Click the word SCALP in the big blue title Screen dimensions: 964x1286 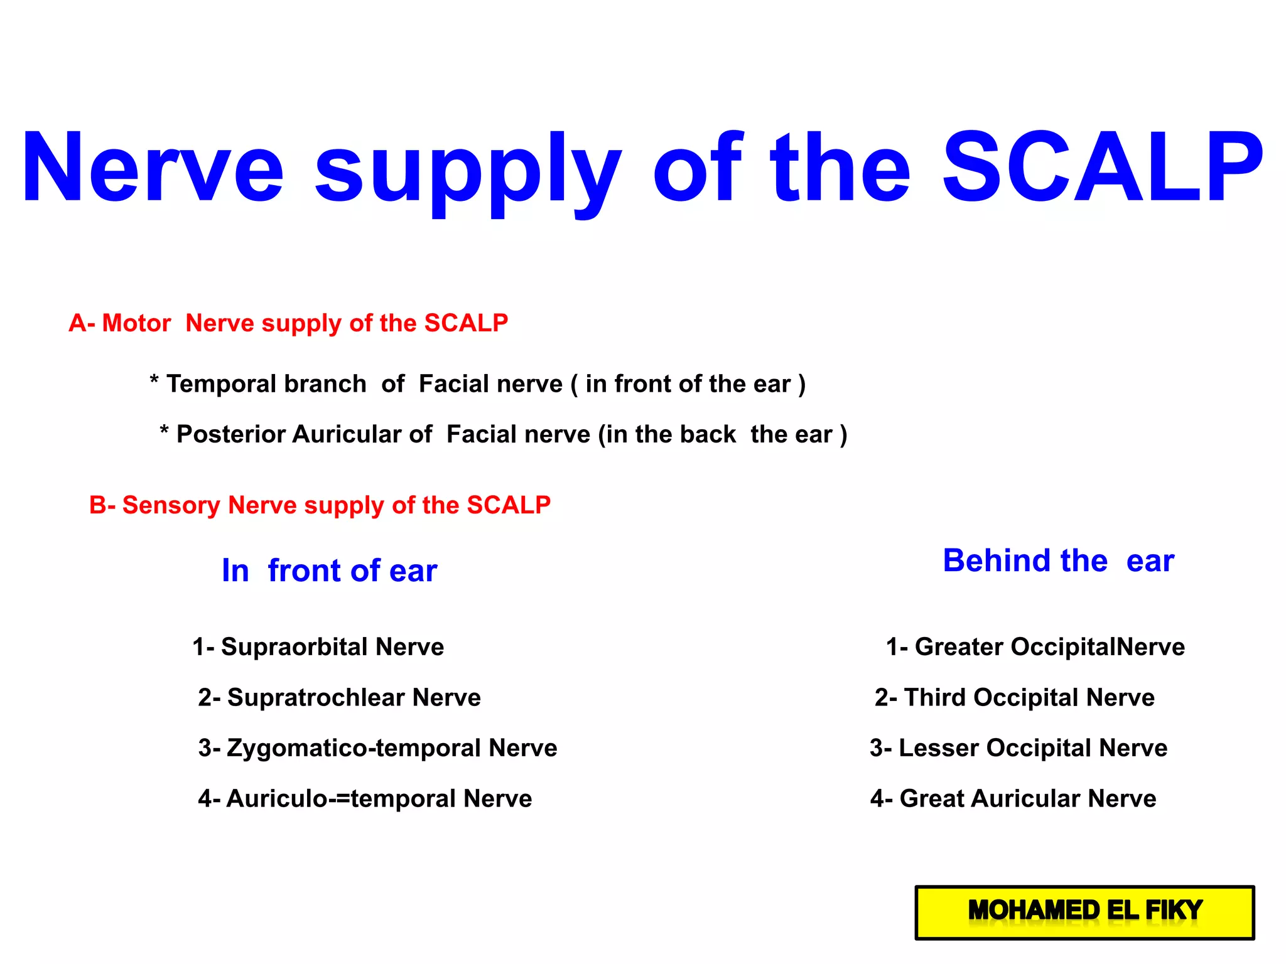point(1103,168)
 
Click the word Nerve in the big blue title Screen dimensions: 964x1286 point(153,168)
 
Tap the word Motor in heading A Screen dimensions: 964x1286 point(136,323)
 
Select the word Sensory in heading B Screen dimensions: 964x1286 point(171,505)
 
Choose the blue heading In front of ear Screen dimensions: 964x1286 point(329,570)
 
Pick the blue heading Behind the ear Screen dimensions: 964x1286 point(1058,560)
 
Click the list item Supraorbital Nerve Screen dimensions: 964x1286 point(318,647)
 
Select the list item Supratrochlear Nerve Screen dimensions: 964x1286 point(339,698)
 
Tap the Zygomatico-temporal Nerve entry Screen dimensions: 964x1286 point(377,748)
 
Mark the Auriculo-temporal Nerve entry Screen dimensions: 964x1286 point(365,799)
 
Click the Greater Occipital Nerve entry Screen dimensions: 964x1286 point(1035,647)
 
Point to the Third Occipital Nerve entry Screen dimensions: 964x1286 point(1015,698)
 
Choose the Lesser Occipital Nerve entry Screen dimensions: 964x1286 point(1019,748)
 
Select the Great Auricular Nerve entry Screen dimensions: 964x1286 point(1013,799)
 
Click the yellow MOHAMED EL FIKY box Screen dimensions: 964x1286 point(1084,912)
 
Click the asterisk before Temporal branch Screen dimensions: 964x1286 point(154,380)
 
